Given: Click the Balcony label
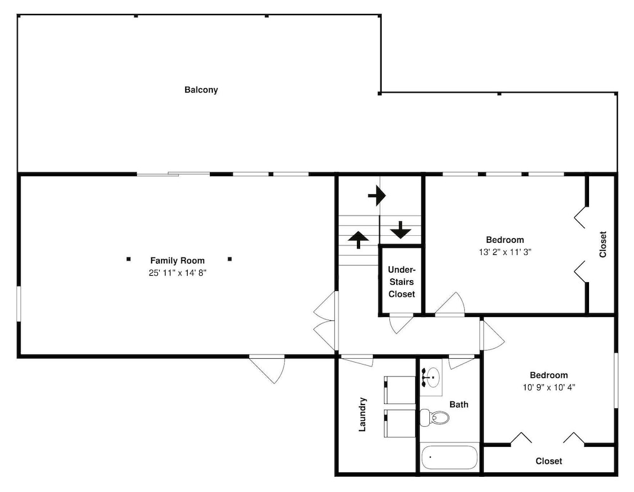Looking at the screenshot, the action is [201, 90].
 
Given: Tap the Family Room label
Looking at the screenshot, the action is [178, 261].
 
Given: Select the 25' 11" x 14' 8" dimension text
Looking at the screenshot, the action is [178, 273].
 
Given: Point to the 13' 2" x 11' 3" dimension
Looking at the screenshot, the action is [505, 252].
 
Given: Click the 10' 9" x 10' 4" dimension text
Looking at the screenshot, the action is [548, 387].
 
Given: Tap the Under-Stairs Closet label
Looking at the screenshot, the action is [401, 282].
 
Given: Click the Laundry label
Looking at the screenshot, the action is [362, 415].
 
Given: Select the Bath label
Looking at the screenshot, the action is [459, 405].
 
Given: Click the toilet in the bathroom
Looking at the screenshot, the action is [434, 418].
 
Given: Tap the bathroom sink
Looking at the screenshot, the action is [431, 377].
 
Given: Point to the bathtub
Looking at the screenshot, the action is [450, 457].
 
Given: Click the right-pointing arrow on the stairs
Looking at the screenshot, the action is [377, 196].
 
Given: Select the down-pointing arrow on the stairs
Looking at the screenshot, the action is [401, 230].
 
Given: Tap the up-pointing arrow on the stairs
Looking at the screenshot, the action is [358, 240].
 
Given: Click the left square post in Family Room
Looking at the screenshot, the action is [129, 259].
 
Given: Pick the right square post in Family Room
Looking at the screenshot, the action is [230, 259].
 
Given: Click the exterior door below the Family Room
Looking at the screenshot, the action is [268, 368].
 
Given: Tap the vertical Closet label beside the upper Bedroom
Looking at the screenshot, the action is [603, 244].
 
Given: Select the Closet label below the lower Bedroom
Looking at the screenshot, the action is [548, 461].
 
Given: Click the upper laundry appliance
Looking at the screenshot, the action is [399, 390].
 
